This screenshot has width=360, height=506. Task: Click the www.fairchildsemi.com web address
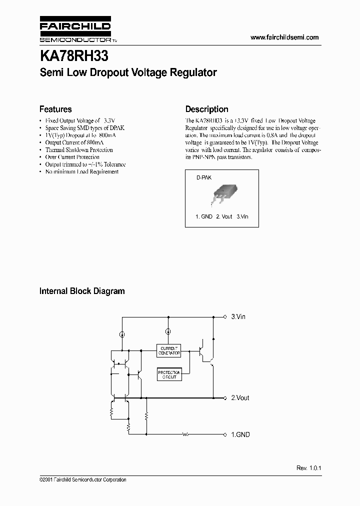284,37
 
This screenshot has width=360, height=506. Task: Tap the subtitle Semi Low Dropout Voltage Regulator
128,72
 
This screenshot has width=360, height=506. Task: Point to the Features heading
55,109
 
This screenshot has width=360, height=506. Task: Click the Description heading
206,109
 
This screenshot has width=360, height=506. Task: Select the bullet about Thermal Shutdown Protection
79,149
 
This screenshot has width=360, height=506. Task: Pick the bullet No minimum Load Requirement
82,171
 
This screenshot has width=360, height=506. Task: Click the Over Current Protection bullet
72,157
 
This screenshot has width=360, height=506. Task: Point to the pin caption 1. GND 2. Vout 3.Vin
221,216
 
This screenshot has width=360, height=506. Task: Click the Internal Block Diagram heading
82,291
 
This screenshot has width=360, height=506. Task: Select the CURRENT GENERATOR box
169,350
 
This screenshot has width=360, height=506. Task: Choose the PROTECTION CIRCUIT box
169,374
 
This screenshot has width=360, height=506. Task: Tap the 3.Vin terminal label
238,317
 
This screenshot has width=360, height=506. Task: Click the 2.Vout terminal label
239,398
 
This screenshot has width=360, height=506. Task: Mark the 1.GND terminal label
240,434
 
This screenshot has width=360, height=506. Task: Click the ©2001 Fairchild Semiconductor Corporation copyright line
82,479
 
